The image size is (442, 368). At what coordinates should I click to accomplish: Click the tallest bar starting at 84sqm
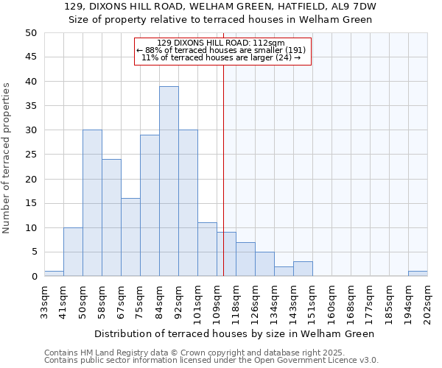pyautogui.click(x=169, y=181)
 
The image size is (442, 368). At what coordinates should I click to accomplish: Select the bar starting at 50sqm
pyautogui.click(x=92, y=203)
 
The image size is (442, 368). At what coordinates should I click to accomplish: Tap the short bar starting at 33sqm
pyautogui.click(x=54, y=274)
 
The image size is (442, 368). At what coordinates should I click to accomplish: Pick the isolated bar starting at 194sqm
pyautogui.click(x=418, y=274)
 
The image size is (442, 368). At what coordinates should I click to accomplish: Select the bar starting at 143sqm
pyautogui.click(x=303, y=269)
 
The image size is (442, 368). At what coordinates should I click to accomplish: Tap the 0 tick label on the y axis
pyautogui.click(x=34, y=277)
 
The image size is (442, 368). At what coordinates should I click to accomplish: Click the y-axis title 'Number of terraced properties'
pyautogui.click(x=7, y=158)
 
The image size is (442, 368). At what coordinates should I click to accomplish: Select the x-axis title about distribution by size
pyautogui.click(x=235, y=333)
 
